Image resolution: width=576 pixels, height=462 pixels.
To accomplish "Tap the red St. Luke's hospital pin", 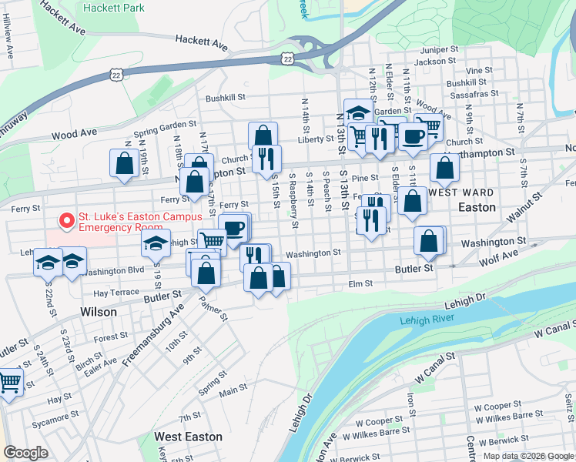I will pos(67,221).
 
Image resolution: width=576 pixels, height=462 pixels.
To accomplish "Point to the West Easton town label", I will pos(188,437).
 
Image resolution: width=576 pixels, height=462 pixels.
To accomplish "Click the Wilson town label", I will pos(99,313).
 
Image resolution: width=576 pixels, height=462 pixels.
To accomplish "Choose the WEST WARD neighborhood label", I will pos(459,192).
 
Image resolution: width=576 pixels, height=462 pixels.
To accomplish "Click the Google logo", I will pos(26,453).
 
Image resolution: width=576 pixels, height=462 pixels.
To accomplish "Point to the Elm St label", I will pos(360,283).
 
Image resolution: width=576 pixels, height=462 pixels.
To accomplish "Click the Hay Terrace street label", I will pos(116,293).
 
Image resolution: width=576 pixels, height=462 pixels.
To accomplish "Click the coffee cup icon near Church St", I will pos(413,137).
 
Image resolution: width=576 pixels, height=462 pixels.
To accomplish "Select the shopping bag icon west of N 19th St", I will pos(124,163).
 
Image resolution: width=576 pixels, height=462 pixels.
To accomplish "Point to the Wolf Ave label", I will pos(500,254).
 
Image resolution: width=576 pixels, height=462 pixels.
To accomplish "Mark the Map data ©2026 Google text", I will pos(529,456).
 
